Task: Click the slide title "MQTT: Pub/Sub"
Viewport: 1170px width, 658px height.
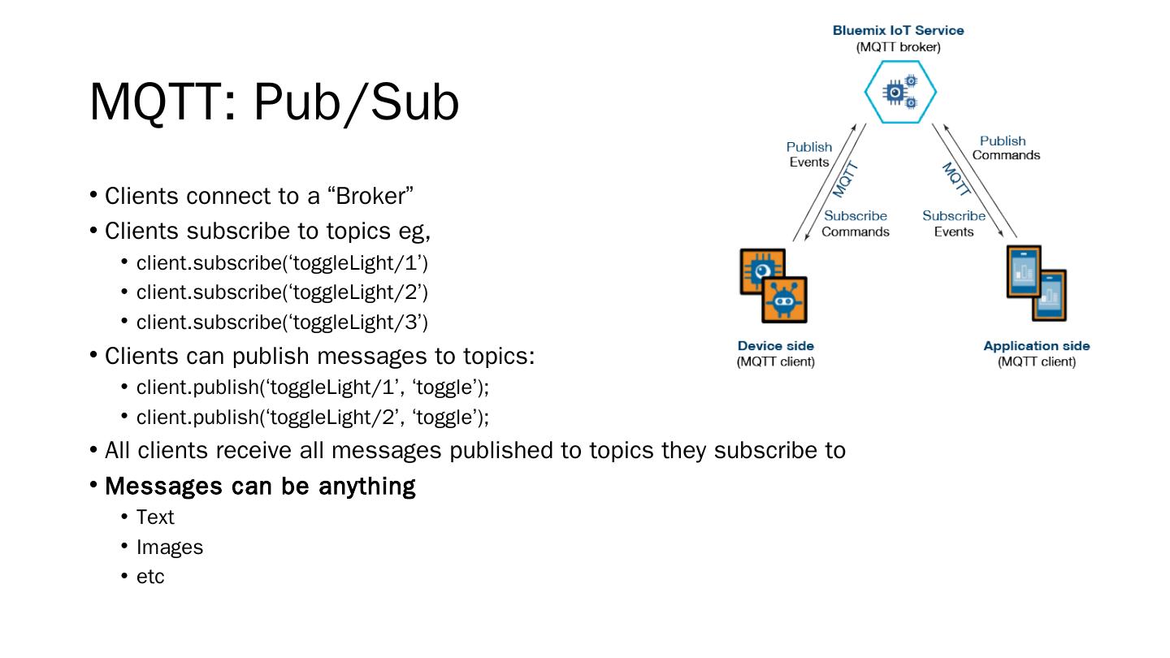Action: tap(274, 103)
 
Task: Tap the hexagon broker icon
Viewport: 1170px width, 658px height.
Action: tap(899, 93)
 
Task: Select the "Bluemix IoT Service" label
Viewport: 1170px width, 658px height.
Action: tap(898, 31)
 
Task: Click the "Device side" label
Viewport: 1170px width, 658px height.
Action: tap(775, 346)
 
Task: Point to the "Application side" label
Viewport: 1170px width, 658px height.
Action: tap(1036, 346)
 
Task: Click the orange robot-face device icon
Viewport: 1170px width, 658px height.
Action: tap(784, 301)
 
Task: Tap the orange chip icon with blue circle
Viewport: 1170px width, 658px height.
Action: tap(761, 271)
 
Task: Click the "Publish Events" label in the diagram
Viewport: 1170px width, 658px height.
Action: tap(809, 154)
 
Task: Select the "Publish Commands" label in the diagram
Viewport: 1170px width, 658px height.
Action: tap(1004, 148)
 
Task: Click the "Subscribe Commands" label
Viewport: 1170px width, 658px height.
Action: tap(856, 224)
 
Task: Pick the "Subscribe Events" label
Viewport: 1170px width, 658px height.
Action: tap(953, 224)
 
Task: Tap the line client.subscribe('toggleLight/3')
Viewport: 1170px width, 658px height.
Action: tap(282, 323)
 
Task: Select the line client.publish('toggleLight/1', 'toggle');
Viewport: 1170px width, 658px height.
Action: tap(313, 387)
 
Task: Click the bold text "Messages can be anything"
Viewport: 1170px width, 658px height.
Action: tap(260, 487)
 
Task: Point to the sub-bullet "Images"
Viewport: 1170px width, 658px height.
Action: tap(170, 548)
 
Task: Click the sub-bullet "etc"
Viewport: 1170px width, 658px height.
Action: tap(150, 577)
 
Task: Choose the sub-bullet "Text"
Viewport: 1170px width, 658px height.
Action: tap(155, 517)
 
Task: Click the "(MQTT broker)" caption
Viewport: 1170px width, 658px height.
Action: tap(898, 47)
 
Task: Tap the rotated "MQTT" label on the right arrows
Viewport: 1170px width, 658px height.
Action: tap(956, 180)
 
